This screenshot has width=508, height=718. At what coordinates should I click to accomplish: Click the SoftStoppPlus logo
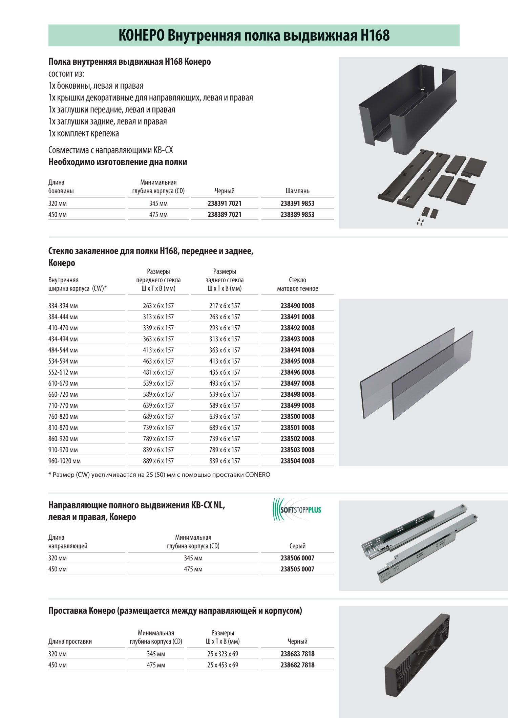pyautogui.click(x=297, y=509)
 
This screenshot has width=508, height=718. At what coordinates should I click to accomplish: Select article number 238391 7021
pyautogui.click(x=225, y=203)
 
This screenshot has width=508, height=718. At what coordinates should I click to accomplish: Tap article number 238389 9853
pyautogui.click(x=297, y=215)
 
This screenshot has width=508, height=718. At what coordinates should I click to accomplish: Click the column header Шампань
pyautogui.click(x=297, y=191)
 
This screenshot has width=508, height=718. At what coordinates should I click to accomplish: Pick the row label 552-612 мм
pyautogui.click(x=63, y=372)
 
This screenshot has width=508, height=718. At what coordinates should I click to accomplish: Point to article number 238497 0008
pyautogui.click(x=297, y=383)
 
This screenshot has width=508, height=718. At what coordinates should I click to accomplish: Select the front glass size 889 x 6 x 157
pyautogui.click(x=158, y=461)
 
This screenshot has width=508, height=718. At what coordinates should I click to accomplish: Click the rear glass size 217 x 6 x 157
pyautogui.click(x=225, y=306)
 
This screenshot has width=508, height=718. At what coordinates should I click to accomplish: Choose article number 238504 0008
pyautogui.click(x=297, y=461)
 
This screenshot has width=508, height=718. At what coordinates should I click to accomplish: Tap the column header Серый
pyautogui.click(x=297, y=546)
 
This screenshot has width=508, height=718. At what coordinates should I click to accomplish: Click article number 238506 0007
pyautogui.click(x=297, y=558)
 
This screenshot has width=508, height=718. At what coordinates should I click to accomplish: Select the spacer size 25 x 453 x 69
pyautogui.click(x=223, y=665)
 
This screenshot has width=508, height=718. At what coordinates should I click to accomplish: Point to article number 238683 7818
pyautogui.click(x=297, y=654)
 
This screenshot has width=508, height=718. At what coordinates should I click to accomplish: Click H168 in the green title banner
pyautogui.click(x=375, y=36)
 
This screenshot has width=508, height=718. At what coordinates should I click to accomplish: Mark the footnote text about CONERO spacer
pyautogui.click(x=159, y=475)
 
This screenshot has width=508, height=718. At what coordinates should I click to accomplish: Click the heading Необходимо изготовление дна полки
pyautogui.click(x=118, y=162)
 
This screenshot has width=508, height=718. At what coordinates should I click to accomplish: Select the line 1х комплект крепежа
pyautogui.click(x=84, y=133)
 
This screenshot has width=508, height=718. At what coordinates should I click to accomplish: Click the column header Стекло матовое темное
pyautogui.click(x=297, y=284)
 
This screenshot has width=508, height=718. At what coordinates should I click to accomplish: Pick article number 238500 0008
pyautogui.click(x=297, y=416)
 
